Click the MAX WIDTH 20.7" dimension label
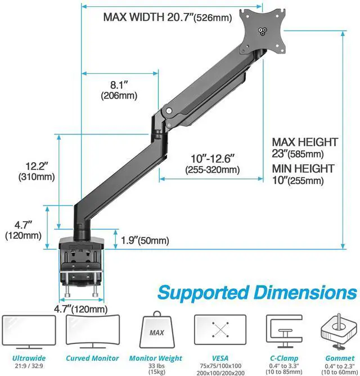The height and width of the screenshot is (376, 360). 167,17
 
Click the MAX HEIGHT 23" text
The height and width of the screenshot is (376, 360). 305,148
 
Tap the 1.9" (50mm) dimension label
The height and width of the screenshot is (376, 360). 145,240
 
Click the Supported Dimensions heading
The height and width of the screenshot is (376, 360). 257,293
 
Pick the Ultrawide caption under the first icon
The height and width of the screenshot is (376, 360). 29,358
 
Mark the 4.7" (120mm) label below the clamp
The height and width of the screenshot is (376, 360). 80,309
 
